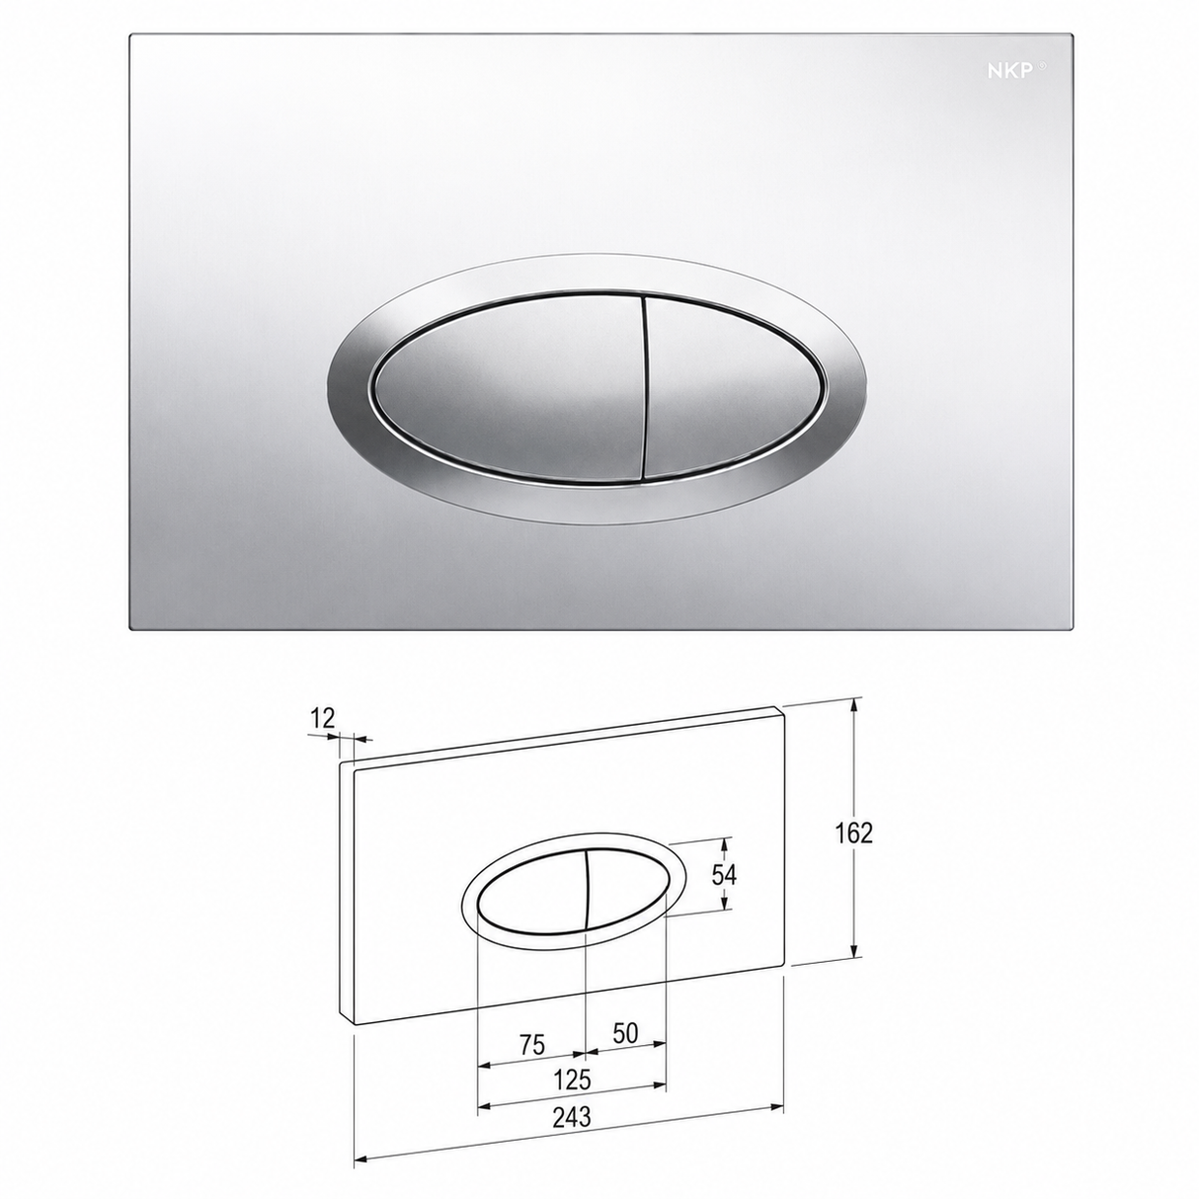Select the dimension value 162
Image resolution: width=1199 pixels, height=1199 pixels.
point(853,834)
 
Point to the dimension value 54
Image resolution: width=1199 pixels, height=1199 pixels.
point(724,875)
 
